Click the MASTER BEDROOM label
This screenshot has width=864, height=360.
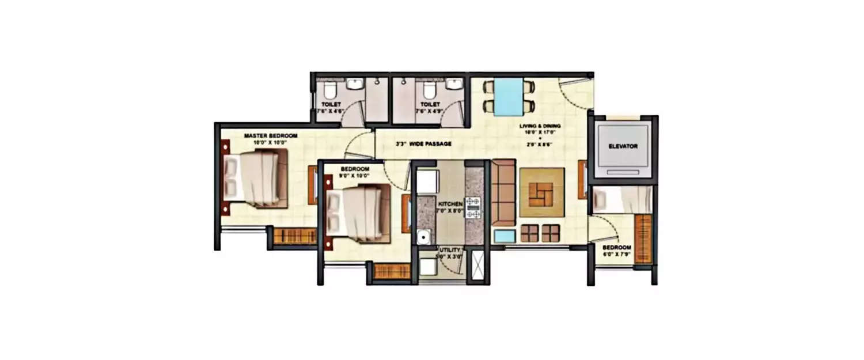tap(270, 136)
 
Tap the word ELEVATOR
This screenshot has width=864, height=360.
tap(623, 146)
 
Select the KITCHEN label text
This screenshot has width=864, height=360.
tap(450, 204)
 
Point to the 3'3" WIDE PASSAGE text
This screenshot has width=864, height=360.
tap(423, 143)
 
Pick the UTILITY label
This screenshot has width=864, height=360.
tap(441, 251)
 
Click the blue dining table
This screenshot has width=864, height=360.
tap(509, 96)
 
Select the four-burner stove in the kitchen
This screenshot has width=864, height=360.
tap(473, 207)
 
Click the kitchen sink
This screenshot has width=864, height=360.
tap(424, 236)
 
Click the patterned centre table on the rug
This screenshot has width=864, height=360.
tap(542, 192)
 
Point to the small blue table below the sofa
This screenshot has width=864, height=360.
tap(505, 236)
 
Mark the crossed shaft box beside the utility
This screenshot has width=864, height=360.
tap(476, 265)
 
